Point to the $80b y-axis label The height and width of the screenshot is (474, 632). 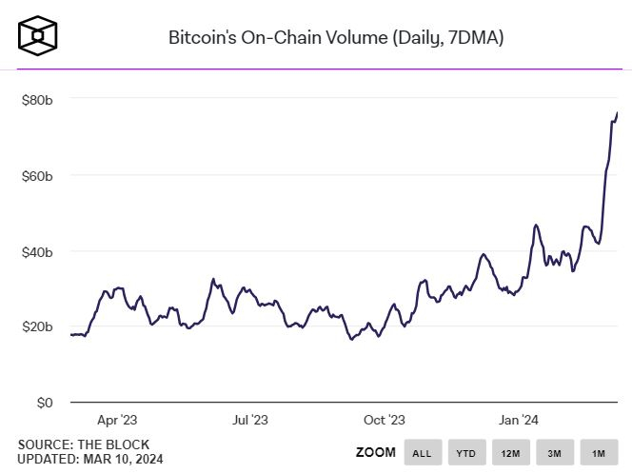(x=37, y=100)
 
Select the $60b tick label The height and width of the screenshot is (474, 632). (x=37, y=176)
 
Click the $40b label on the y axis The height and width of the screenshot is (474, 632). (x=37, y=251)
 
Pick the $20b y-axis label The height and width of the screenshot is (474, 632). (x=37, y=326)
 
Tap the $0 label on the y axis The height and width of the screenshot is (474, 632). (x=44, y=403)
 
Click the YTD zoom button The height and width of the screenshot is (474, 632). (x=466, y=452)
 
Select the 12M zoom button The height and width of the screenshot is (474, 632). (x=510, y=452)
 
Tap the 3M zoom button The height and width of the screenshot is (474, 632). (x=554, y=452)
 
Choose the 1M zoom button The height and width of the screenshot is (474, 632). (x=598, y=452)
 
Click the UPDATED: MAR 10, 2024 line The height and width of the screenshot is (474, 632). (x=89, y=460)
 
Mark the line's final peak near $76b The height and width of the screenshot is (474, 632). (x=617, y=113)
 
